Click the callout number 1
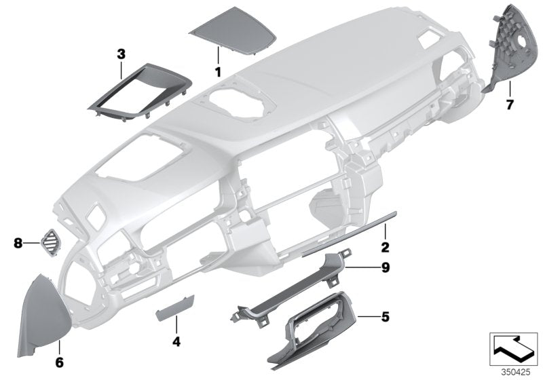[218, 71]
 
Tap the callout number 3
[121, 53]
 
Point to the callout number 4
[176, 342]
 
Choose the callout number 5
[385, 316]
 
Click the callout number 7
[509, 104]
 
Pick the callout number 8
[17, 240]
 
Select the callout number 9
[385, 268]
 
